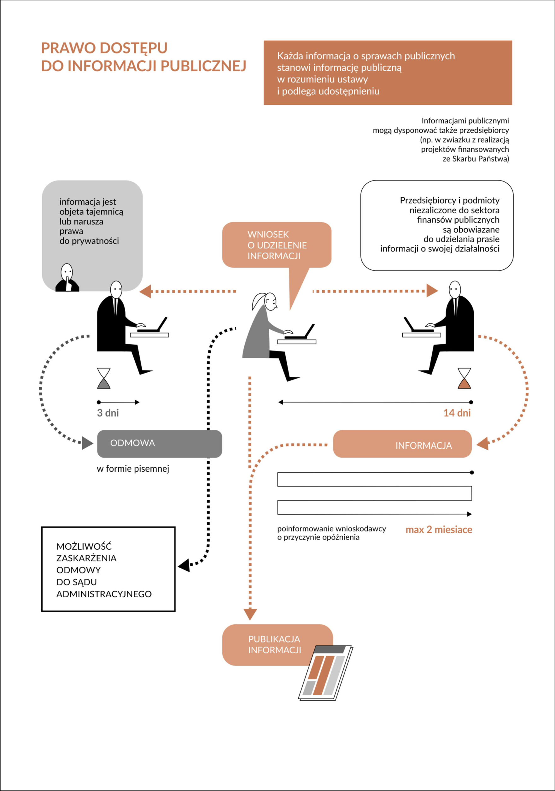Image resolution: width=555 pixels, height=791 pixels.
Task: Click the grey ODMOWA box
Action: [x=160, y=444]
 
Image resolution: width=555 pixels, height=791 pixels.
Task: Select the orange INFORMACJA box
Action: [x=402, y=444]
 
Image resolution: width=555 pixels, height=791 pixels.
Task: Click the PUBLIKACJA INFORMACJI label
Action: [x=274, y=645]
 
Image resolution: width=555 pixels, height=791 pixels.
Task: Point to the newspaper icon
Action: [x=325, y=673]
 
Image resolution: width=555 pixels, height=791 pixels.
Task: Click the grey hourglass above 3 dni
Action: [x=104, y=378]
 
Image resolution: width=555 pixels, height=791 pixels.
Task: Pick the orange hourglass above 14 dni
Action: [x=464, y=378]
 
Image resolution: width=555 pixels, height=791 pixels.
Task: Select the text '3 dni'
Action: [x=108, y=413]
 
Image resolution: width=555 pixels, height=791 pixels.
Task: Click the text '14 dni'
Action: [x=457, y=413]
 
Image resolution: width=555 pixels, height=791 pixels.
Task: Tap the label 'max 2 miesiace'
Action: [x=439, y=529]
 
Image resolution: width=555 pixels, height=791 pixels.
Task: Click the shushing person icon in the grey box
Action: [x=67, y=278]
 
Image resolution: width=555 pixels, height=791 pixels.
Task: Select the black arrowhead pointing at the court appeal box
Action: [x=184, y=565]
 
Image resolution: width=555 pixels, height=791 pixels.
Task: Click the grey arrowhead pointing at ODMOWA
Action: [x=87, y=443]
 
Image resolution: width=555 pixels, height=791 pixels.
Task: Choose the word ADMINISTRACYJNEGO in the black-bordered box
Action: [x=104, y=594]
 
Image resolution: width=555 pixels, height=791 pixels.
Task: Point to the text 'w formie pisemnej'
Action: [x=133, y=469]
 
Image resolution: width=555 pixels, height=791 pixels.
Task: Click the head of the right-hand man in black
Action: [x=455, y=289]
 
